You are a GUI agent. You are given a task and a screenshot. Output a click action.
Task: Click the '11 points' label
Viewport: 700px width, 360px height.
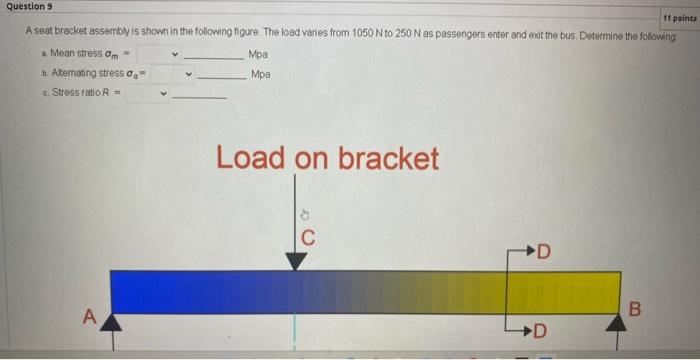(678, 18)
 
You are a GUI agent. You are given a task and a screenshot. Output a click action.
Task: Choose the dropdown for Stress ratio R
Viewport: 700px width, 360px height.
(153, 94)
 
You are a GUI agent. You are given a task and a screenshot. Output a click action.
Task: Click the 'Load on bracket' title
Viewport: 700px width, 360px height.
(327, 158)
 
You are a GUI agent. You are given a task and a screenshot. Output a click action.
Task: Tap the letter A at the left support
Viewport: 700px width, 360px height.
(88, 317)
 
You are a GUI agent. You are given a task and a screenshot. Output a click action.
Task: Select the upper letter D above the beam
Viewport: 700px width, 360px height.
(544, 250)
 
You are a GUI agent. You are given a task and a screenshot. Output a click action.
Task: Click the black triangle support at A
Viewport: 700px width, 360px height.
(110, 322)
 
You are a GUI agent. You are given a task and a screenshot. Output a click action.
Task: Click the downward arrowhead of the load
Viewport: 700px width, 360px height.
(296, 261)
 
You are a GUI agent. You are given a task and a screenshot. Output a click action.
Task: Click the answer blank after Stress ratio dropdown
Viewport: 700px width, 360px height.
(200, 95)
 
